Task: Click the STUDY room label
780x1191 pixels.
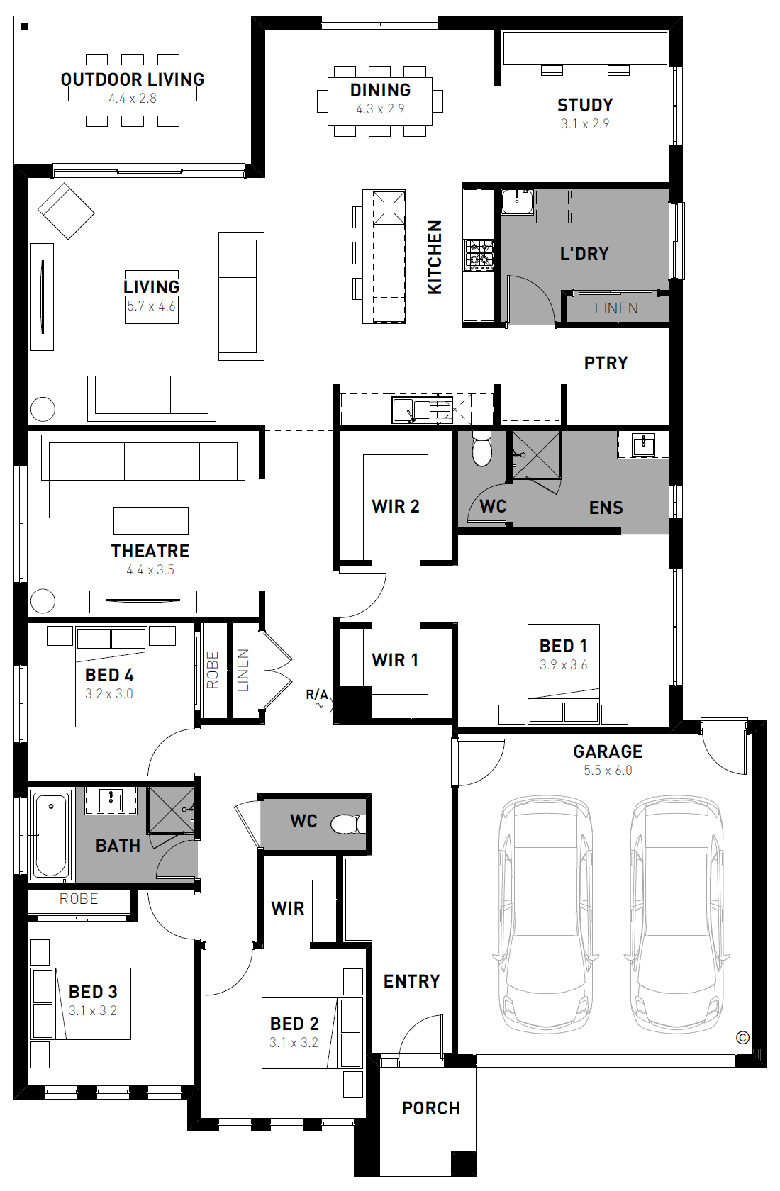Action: coord(585,105)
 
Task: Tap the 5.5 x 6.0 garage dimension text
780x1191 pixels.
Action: coord(608,770)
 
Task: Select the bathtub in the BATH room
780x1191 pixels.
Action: coord(51,835)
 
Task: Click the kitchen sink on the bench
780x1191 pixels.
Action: coord(422,410)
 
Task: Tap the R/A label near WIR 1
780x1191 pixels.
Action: coord(317,695)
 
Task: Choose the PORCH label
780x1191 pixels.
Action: coord(430,1108)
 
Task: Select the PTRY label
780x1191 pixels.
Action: coord(606,363)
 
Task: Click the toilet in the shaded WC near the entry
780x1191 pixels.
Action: coord(348,824)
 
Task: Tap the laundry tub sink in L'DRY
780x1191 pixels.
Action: coord(517,201)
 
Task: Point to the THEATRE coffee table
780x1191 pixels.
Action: coord(151,520)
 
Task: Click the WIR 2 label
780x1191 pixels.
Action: coord(396,506)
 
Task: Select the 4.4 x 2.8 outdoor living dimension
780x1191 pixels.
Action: coord(133,99)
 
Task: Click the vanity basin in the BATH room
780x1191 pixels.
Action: coord(111,800)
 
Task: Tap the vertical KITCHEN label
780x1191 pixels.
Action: coord(435,257)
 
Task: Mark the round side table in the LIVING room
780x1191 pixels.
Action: coord(43,410)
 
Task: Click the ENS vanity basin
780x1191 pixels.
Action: coord(643,444)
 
